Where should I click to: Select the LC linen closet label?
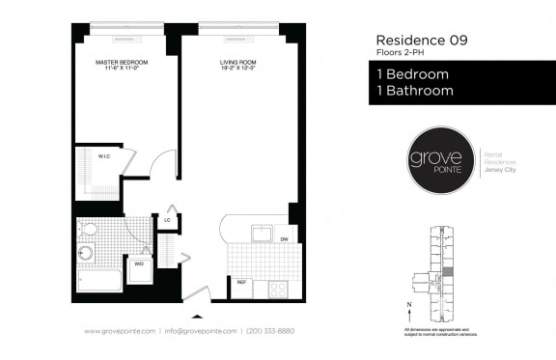point(167,220)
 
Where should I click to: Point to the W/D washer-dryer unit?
point(139,263)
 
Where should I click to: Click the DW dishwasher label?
point(284,237)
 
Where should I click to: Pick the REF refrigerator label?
point(241,283)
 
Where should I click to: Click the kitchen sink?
point(261,234)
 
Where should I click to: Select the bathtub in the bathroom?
point(99,281)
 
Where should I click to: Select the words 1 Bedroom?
point(408,74)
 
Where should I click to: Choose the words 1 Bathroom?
point(411,91)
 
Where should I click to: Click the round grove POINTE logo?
point(435,159)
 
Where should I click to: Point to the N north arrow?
point(411,308)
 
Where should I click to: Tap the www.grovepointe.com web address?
point(120,331)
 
